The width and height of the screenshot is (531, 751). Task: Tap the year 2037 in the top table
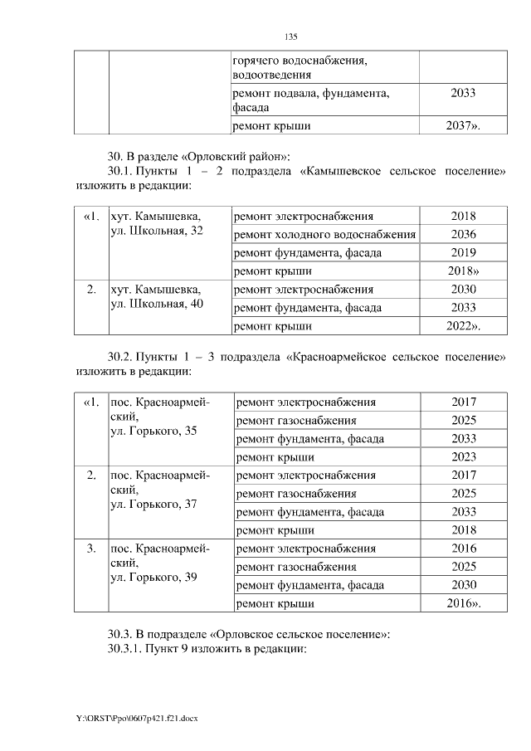click(x=462, y=125)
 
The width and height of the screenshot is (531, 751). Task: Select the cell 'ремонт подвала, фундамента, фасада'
click(x=311, y=100)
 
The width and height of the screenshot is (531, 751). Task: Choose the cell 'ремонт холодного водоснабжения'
click(x=324, y=234)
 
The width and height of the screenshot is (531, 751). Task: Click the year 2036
click(x=463, y=234)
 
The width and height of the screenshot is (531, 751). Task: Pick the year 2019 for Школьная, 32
click(x=463, y=252)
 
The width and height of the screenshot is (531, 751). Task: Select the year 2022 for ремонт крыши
click(x=462, y=326)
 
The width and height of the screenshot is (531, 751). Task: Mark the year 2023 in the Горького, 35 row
click(x=463, y=456)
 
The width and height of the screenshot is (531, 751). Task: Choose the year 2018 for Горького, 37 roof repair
click(x=463, y=529)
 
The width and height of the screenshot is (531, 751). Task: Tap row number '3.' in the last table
click(x=91, y=549)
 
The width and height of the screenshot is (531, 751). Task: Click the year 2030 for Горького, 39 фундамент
click(x=463, y=585)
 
